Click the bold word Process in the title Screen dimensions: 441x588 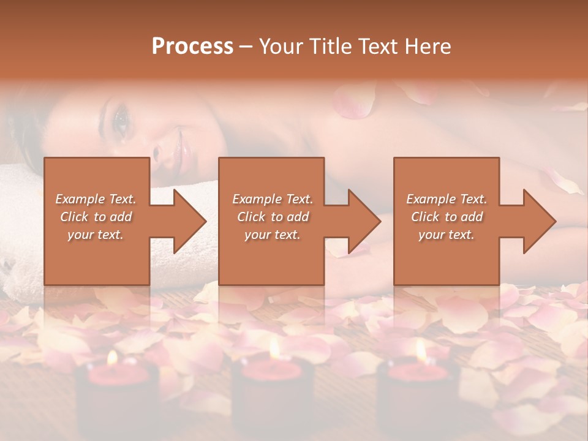[192, 46]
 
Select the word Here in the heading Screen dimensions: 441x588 [427, 46]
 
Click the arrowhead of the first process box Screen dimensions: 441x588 [189, 221]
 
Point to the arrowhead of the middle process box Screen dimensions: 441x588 [364, 221]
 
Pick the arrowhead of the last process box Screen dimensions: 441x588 [539, 221]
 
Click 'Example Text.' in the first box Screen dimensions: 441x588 [96, 199]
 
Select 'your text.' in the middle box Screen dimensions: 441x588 [272, 235]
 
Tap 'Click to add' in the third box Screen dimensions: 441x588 [447, 217]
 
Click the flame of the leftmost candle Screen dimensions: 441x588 [112, 357]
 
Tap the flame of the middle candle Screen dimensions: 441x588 [274, 349]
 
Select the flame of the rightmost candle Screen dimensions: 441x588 [421, 350]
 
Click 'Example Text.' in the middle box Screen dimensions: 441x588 [272, 199]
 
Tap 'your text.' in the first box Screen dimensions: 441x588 [96, 235]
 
